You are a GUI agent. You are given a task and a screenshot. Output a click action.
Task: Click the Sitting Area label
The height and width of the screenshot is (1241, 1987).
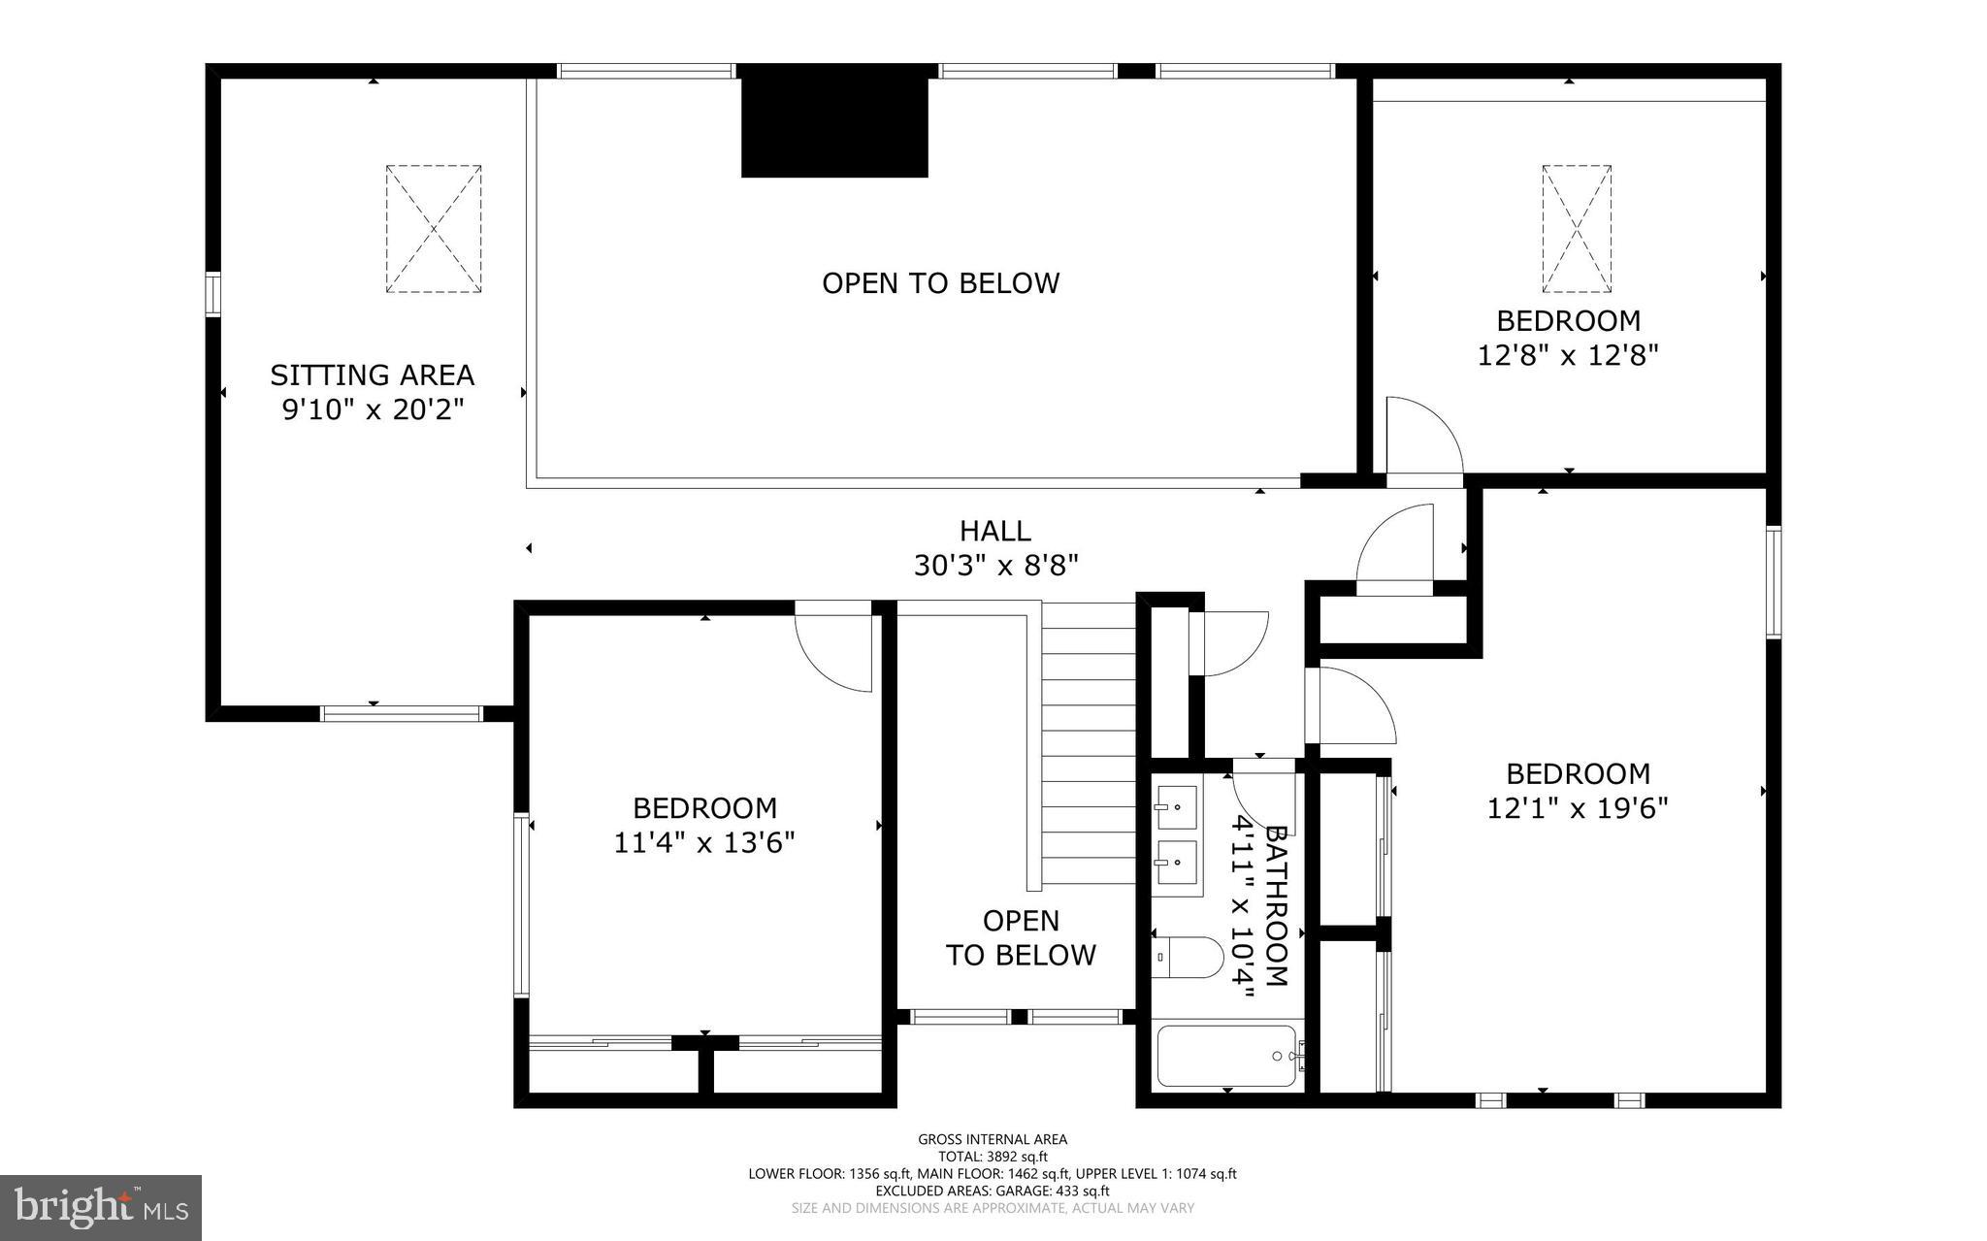pyautogui.click(x=372, y=375)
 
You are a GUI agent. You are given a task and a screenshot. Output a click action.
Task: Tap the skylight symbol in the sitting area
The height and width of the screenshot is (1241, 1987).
pyautogui.click(x=434, y=229)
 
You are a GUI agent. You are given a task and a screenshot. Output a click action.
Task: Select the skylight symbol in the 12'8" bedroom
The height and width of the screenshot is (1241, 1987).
pyautogui.click(x=1577, y=229)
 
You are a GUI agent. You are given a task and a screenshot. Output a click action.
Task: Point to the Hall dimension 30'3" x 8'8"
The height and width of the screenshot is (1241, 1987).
pyautogui.click(x=995, y=565)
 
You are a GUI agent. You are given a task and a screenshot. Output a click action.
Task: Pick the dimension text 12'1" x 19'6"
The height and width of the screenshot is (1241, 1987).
pyautogui.click(x=1578, y=808)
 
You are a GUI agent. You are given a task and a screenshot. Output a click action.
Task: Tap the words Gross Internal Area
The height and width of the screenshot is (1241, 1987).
pyautogui.click(x=993, y=1139)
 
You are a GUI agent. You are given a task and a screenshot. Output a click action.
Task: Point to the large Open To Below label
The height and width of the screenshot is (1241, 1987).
pyautogui.click(x=940, y=282)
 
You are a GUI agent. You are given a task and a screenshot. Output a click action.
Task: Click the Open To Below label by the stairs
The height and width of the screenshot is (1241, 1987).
pyautogui.click(x=1021, y=937)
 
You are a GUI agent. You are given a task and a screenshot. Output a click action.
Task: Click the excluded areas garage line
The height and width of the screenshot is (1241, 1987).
pyautogui.click(x=993, y=1191)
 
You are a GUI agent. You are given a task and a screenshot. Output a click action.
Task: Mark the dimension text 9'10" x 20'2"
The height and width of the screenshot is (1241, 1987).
pyautogui.click(x=373, y=409)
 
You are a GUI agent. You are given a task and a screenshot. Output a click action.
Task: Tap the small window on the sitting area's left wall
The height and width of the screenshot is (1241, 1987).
pyautogui.click(x=212, y=294)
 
